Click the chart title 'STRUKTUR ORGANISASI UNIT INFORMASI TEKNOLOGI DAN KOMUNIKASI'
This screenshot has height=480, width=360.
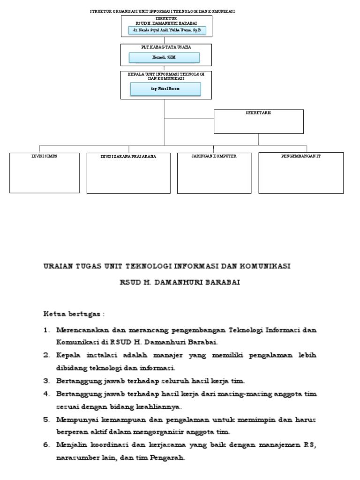(x=163, y=11)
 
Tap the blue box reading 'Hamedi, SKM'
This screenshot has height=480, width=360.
(x=165, y=57)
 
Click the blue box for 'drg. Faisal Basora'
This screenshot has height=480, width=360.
(x=165, y=89)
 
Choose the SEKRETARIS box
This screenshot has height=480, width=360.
(x=259, y=121)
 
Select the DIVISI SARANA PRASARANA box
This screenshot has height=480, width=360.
(x=128, y=173)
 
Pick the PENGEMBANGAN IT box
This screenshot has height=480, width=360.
(x=301, y=172)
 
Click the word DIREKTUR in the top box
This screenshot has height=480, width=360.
(x=166, y=18)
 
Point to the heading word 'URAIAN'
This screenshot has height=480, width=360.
(x=58, y=266)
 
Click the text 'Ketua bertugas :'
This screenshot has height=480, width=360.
(x=74, y=313)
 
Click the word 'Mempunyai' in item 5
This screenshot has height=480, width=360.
(x=75, y=419)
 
